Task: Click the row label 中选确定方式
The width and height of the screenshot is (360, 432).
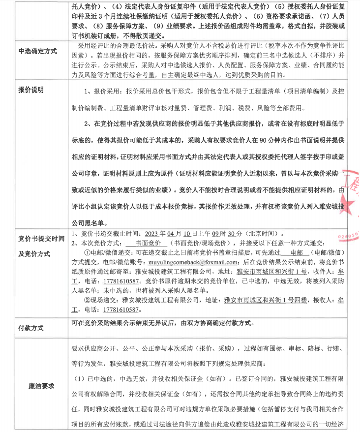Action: tap(37, 51)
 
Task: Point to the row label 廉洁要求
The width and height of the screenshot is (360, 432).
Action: tap(41, 386)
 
